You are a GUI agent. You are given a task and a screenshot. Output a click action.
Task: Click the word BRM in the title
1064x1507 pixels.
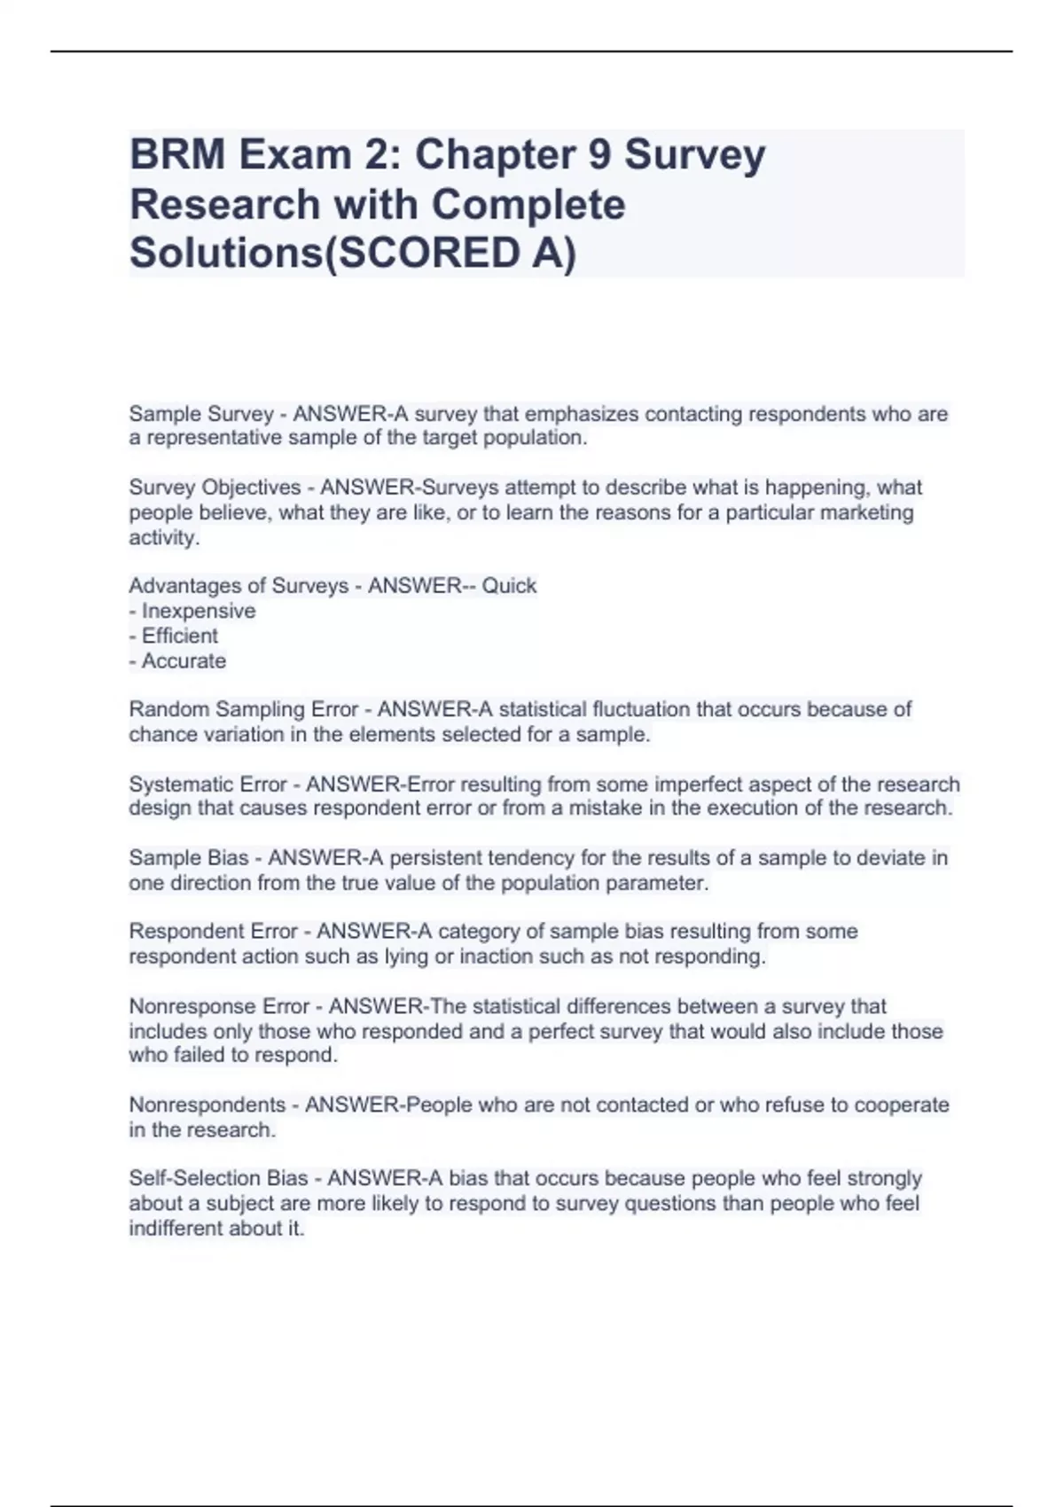pos(177,155)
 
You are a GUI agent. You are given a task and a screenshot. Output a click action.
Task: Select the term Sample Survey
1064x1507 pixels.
pos(201,414)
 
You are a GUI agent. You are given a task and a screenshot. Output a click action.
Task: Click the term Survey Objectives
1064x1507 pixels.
pos(215,488)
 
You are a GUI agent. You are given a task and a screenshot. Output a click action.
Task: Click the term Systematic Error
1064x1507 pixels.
pos(208,785)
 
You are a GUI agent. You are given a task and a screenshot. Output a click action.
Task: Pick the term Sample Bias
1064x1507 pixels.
pos(189,858)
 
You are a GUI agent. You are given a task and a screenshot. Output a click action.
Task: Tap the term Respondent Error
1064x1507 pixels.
pos(213,932)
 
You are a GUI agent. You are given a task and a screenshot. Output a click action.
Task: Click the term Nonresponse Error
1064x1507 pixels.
pos(219,1006)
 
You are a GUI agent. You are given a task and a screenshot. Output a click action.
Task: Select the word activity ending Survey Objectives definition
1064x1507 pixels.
pos(162,537)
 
